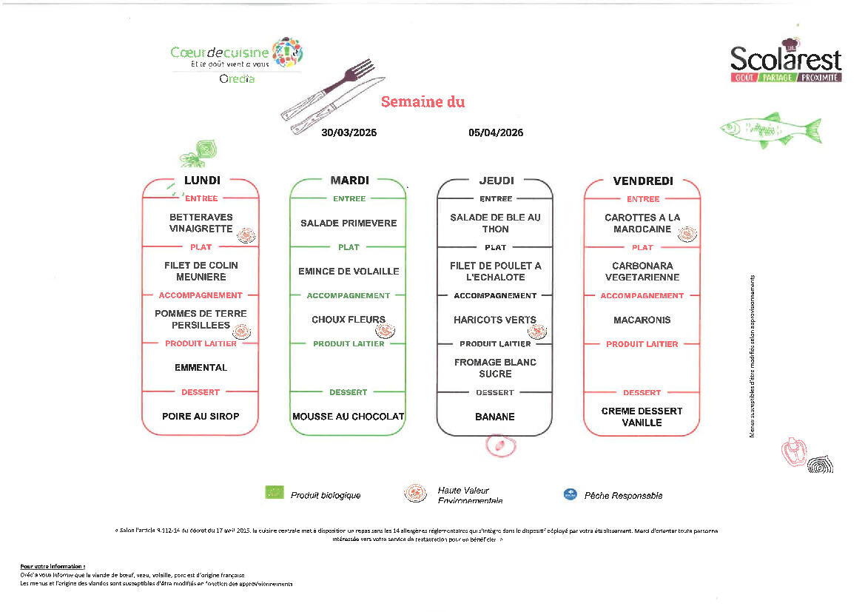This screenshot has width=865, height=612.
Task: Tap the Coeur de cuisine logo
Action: [x=236, y=56]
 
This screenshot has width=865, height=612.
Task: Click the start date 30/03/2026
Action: [x=349, y=132]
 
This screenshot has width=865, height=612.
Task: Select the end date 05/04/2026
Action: [x=496, y=132]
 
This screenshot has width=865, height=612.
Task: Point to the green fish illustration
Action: [x=770, y=129]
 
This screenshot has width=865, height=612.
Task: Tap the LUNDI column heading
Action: [x=202, y=180]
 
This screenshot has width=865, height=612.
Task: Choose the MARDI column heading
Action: [x=349, y=180]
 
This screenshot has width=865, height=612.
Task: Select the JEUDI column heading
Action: [x=496, y=180]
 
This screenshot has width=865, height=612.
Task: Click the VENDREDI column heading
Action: [x=642, y=180]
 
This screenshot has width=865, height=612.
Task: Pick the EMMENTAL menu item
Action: [x=201, y=368]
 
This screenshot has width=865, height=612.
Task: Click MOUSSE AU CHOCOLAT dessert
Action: [x=349, y=417]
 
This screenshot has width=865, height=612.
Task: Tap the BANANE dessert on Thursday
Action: [x=495, y=417]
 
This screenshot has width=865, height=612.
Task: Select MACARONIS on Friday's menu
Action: [x=642, y=320]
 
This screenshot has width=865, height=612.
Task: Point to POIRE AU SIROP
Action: [x=201, y=417]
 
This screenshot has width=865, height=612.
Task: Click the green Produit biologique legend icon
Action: [x=275, y=492]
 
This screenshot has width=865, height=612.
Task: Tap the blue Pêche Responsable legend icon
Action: [x=570, y=494]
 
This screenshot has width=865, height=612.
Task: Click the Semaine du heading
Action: [x=423, y=102]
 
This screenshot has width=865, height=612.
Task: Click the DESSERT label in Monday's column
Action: [x=201, y=392]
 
